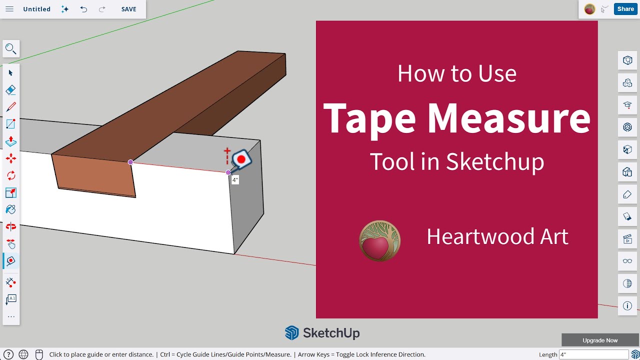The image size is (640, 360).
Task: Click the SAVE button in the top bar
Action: coord(128,9)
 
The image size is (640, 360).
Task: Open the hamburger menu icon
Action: coord(9,9)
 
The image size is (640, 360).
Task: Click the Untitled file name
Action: coord(36,9)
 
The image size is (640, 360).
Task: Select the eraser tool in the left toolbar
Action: coord(10,90)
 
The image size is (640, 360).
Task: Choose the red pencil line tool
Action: coord(10,107)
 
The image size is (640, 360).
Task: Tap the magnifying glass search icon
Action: coord(10,48)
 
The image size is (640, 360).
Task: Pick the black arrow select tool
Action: coord(10,73)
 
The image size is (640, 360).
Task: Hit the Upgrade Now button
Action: coord(600,340)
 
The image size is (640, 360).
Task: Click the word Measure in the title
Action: coord(508,118)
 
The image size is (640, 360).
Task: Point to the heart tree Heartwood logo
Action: coord(380,240)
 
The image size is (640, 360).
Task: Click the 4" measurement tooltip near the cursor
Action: coord(235,180)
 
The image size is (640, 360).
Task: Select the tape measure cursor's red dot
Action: coord(241,159)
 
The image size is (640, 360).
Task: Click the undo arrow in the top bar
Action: coord(83,9)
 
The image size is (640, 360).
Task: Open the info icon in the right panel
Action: coord(627,306)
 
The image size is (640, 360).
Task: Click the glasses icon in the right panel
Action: coord(627,261)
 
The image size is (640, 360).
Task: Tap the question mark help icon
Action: coord(8,354)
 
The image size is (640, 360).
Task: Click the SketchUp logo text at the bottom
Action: coord(331,333)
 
